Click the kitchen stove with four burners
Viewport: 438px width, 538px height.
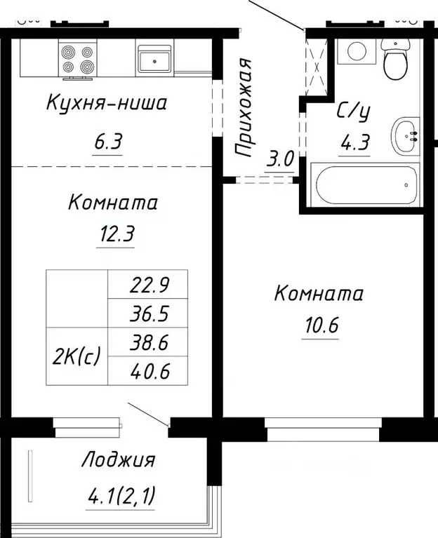pyautogui.click(x=78, y=59)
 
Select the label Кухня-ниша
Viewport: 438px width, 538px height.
pyautogui.click(x=106, y=105)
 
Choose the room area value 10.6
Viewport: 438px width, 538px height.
pyautogui.click(x=320, y=326)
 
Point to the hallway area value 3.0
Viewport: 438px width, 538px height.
pyautogui.click(x=279, y=159)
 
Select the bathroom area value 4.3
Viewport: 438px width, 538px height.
pyautogui.click(x=354, y=144)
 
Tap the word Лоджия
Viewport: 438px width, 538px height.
pyautogui.click(x=118, y=461)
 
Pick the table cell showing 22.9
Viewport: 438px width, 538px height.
pyautogui.click(x=147, y=284)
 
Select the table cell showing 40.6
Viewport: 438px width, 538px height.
pyautogui.click(x=147, y=370)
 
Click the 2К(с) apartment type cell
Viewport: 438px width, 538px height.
pyautogui.click(x=77, y=356)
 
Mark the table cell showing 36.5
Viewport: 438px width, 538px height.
pyautogui.click(x=147, y=313)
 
